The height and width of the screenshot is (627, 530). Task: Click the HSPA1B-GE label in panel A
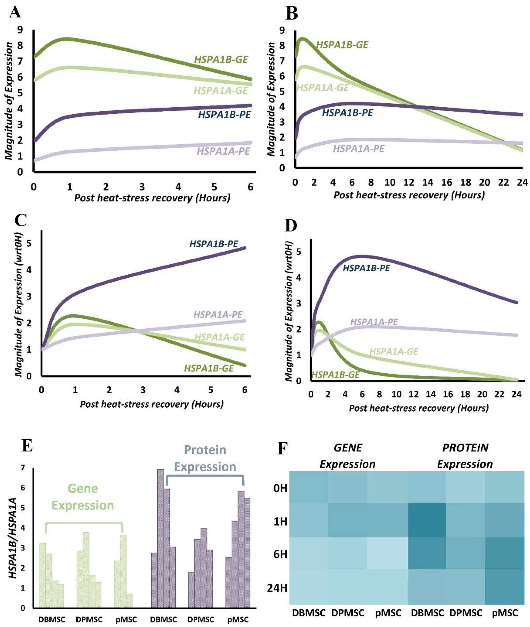pos(221,60)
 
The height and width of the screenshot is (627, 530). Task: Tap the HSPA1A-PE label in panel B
pos(359,148)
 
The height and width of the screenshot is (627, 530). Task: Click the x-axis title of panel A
pos(152,198)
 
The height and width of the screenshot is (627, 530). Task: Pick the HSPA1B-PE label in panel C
pos(214,244)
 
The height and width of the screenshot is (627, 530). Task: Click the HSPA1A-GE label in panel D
pos(394,352)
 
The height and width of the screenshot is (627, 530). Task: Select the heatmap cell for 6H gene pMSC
pos(387,553)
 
